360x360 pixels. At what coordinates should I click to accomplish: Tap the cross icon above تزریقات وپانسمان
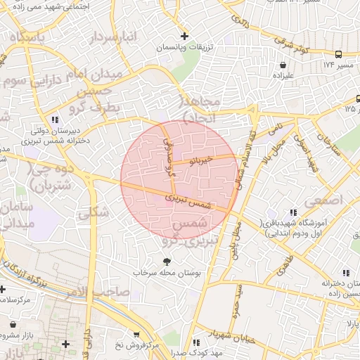pos(184,36)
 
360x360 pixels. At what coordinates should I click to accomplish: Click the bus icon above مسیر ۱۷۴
pos(339,54)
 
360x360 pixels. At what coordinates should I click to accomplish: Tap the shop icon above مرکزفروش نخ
pos(136,335)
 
